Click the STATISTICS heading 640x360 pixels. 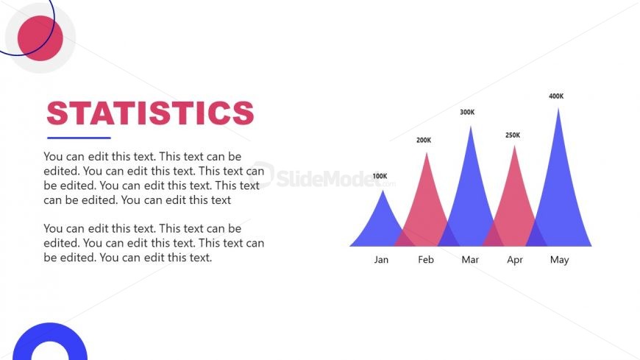tap(150, 113)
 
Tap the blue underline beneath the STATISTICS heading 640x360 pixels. tap(79, 138)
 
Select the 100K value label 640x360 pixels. tap(380, 176)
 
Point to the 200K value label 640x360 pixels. tap(424, 140)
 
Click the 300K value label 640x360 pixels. tap(467, 112)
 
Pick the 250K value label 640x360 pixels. tap(513, 135)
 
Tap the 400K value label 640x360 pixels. tap(556, 96)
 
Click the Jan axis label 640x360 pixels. tap(381, 260)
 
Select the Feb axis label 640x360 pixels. tap(426, 260)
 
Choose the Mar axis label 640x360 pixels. tap(470, 260)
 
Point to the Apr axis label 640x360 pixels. tap(515, 261)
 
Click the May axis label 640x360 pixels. tap(559, 261)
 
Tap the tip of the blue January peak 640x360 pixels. tap(383, 191)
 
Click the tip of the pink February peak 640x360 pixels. tap(427, 153)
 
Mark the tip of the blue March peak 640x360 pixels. tap(471, 127)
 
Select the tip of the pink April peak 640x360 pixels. tap(515, 146)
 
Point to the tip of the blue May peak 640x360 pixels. tap(558, 108)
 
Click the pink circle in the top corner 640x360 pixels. tap(40, 38)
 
